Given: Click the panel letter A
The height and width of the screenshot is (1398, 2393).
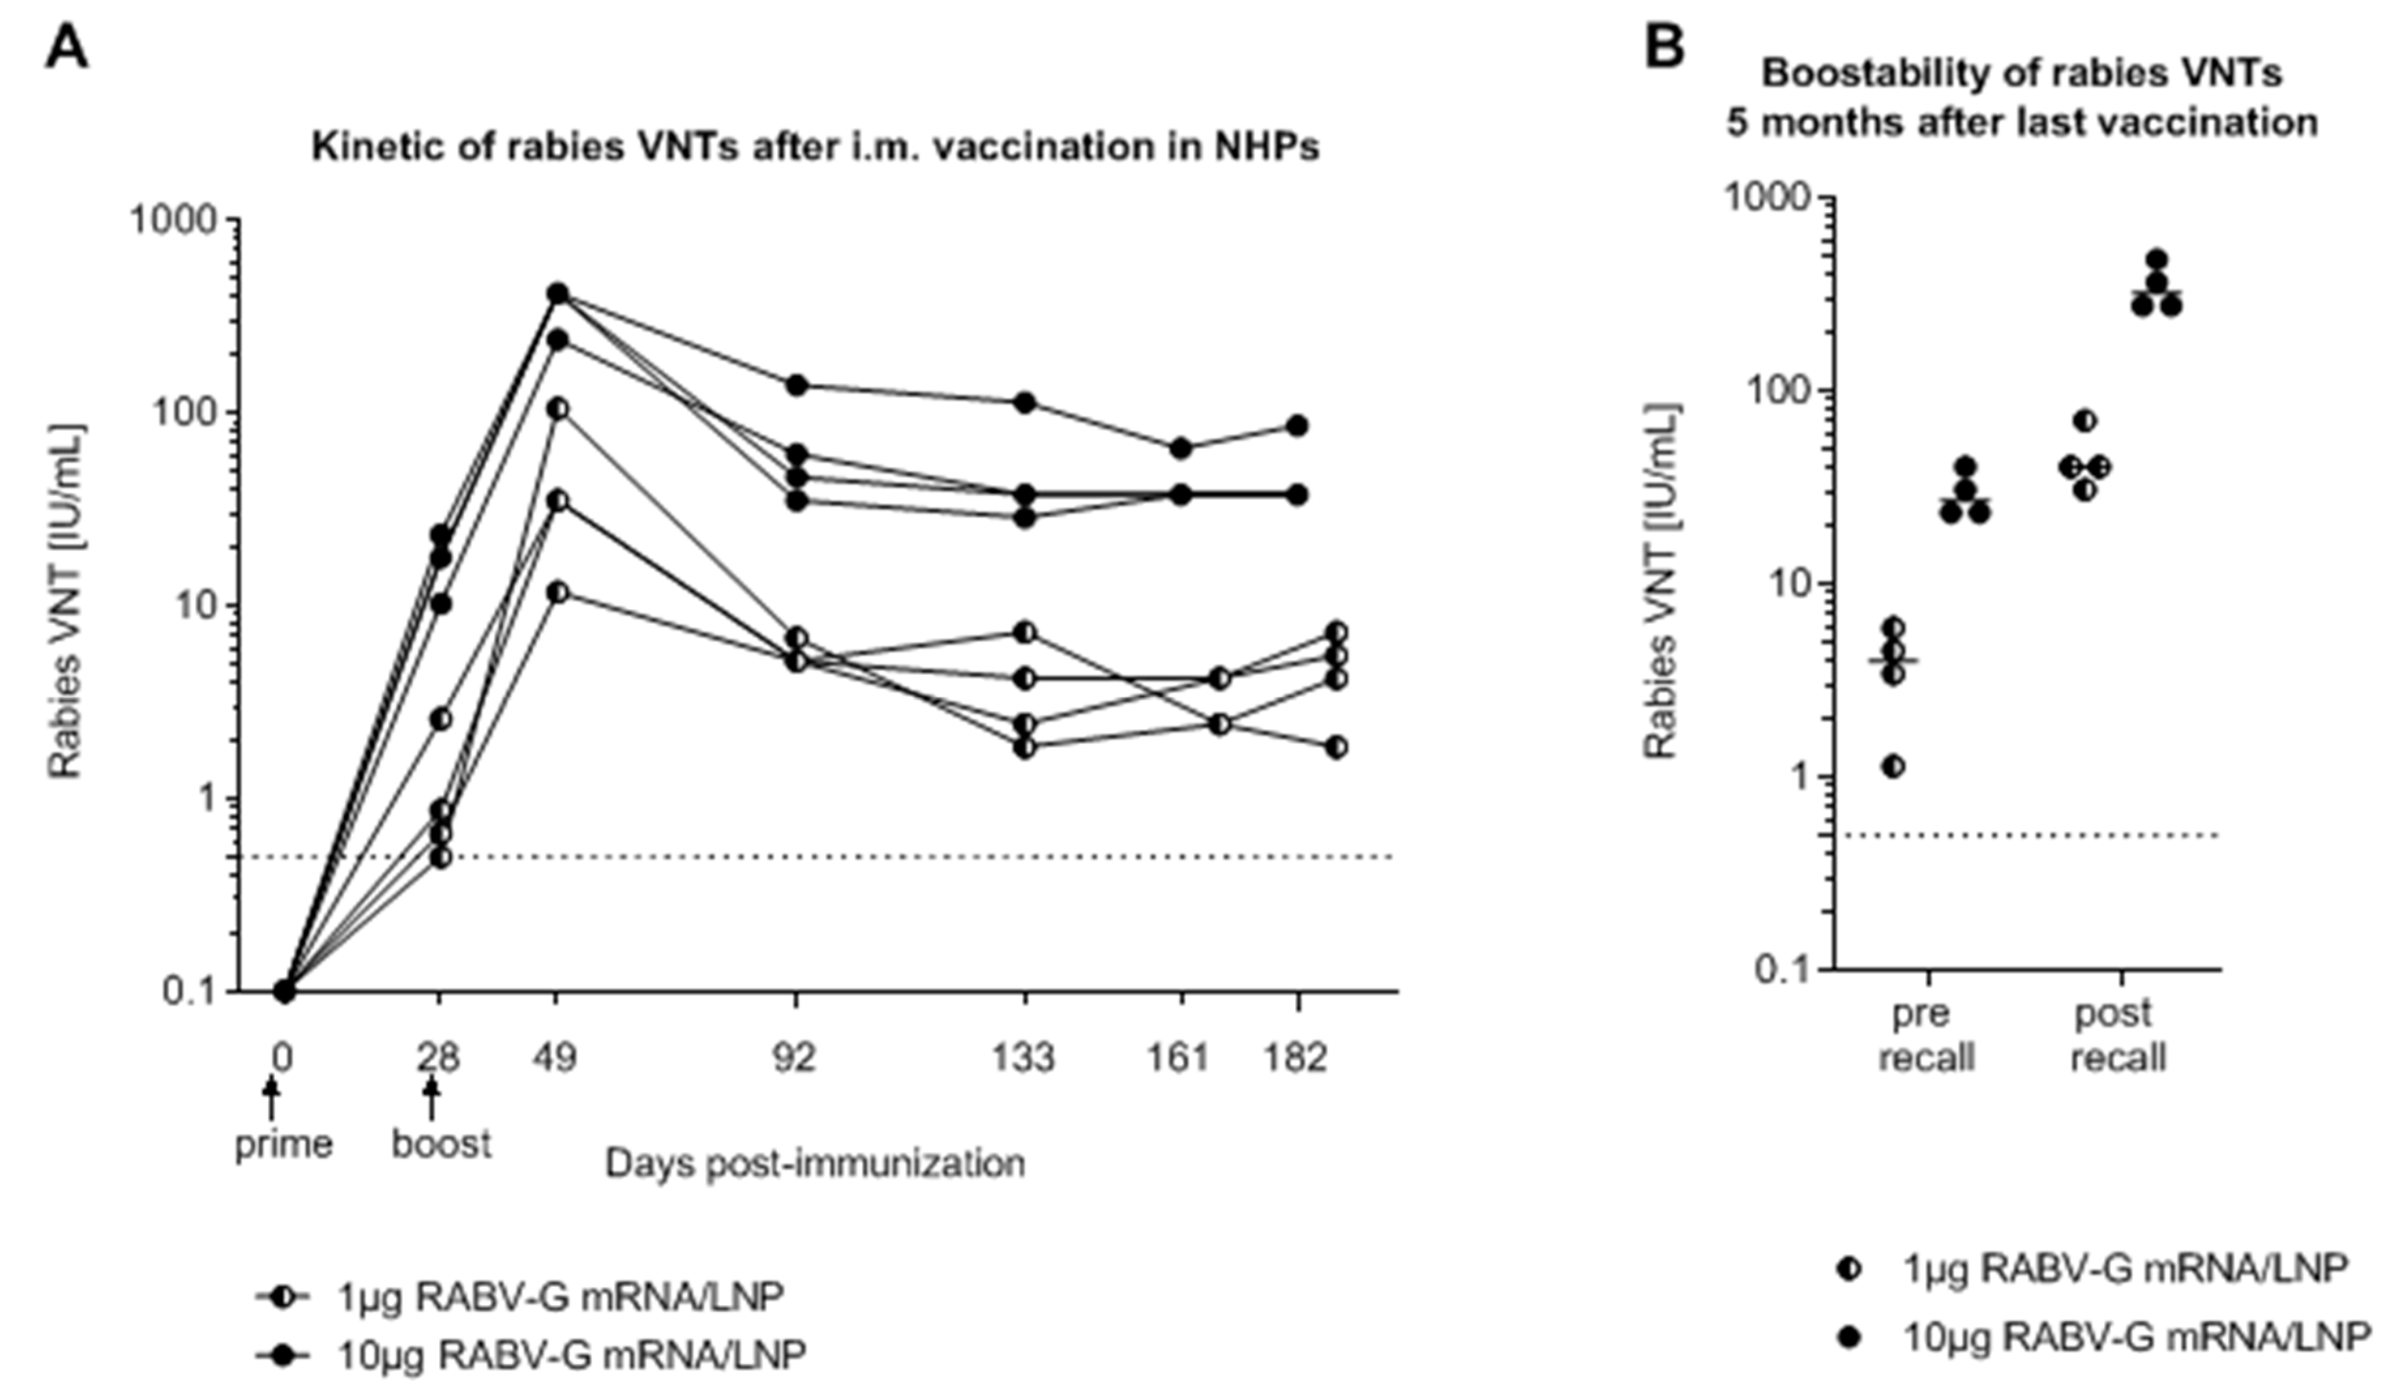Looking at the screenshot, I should click(x=67, y=48).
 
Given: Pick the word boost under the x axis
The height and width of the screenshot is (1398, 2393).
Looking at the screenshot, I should click(x=442, y=1144).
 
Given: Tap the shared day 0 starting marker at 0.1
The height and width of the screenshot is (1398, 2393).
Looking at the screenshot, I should click(x=284, y=991).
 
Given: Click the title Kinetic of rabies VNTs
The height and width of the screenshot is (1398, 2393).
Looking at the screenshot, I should click(x=815, y=148).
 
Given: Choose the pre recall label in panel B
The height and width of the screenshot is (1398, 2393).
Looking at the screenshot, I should click(x=1925, y=1035).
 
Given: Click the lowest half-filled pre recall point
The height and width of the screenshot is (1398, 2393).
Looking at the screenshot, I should click(x=1893, y=766).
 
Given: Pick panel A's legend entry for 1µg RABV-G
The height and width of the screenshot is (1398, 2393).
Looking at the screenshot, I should click(x=560, y=1296).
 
